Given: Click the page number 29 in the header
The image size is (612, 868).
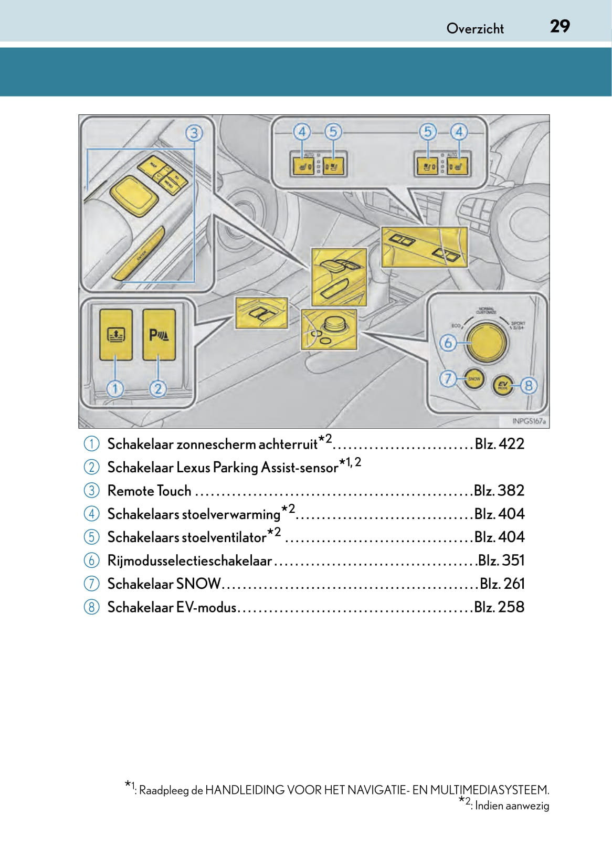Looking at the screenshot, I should pos(560,26).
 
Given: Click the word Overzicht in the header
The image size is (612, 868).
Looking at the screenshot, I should pos(475,28).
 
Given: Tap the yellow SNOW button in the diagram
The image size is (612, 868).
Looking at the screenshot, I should pos(474,379).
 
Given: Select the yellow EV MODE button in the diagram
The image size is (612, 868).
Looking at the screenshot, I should pos(503,386).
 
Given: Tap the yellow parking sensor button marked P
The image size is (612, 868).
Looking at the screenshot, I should pos(159,334).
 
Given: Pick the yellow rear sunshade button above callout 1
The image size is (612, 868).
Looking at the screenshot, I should pos(115,334).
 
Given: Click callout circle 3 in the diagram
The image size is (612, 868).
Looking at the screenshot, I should pos(194,133).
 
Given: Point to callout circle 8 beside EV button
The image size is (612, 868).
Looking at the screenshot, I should pos(528,386).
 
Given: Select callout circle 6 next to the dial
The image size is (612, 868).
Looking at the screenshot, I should pos(448,343).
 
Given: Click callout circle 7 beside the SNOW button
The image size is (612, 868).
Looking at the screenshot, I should pos(448,378).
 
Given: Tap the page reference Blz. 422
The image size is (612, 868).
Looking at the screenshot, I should pos(499,444).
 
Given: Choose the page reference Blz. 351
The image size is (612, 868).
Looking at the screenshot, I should pos(501,560).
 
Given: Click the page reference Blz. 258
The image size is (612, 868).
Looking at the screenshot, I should pos(499,607).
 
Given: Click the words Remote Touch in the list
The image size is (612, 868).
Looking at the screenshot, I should pos(149,491).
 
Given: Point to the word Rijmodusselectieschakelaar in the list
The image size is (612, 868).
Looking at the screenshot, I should pos(189,560).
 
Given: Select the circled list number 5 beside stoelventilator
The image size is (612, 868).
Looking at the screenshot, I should pos(91,537).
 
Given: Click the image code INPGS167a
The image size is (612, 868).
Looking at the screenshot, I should pos(529,421).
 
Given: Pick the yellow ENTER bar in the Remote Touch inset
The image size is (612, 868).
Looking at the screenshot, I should pos(138,256).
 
